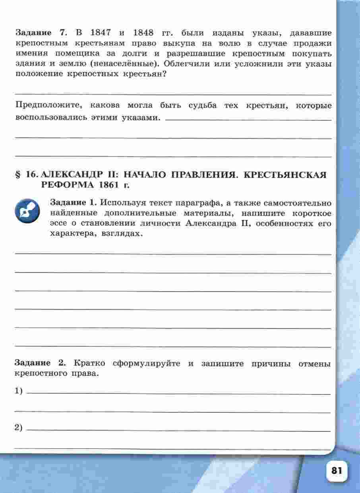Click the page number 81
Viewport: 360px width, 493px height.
[336, 470]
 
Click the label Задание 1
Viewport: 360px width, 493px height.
[74, 202]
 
